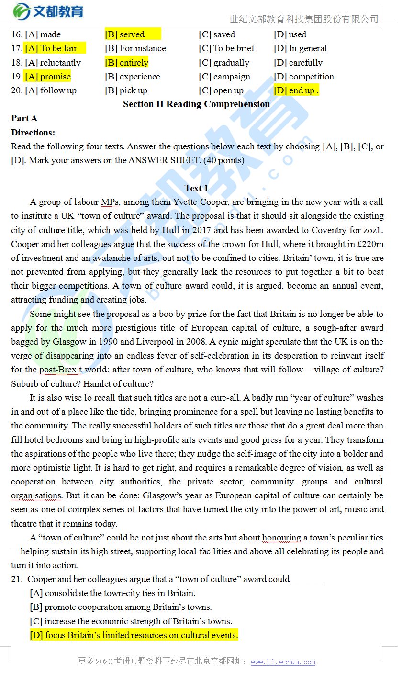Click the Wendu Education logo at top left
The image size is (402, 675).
tap(48, 11)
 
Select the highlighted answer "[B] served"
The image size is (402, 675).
tap(125, 34)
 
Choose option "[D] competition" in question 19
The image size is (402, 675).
tap(304, 77)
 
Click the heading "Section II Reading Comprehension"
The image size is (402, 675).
tap(196, 104)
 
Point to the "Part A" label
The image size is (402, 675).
tap(24, 118)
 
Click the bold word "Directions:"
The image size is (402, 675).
tap(33, 133)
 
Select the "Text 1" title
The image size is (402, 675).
tap(196, 188)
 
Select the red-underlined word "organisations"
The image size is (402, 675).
tap(36, 496)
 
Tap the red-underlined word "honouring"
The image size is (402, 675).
tap(281, 538)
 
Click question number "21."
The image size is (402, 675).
tap(17, 580)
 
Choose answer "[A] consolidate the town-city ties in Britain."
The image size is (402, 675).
tap(112, 594)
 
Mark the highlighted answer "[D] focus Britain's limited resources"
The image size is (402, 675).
tap(134, 636)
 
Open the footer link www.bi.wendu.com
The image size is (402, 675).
tap(283, 662)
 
